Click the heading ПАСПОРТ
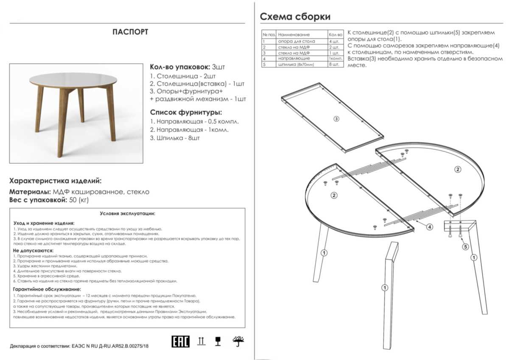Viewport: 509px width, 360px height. pos(130,32)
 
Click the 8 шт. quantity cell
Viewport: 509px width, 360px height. pos(334,65)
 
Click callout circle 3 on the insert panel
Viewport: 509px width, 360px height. pos(336,119)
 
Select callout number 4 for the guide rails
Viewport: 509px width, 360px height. pos(430,227)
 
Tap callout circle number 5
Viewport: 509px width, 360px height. pos(465,246)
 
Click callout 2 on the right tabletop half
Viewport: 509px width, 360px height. pos(458,170)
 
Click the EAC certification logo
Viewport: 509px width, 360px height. pos(180,341)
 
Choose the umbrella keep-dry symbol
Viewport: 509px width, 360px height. pos(238,340)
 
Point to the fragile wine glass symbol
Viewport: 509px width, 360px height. pos(218,341)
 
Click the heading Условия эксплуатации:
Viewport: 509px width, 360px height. pos(127,214)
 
